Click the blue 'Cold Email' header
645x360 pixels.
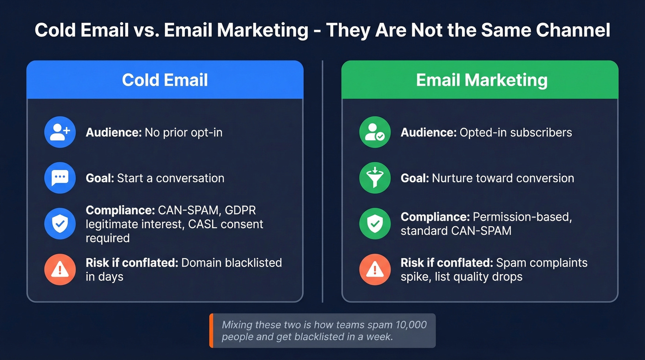(x=165, y=80)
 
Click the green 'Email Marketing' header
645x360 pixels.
(x=481, y=80)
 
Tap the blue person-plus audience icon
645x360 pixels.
(x=60, y=132)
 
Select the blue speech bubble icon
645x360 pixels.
(x=60, y=178)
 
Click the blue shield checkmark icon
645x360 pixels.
(x=60, y=224)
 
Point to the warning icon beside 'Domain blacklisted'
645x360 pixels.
(x=60, y=270)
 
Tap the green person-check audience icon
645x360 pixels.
(x=375, y=132)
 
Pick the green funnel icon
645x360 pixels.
(x=375, y=178)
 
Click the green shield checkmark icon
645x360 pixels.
(x=375, y=224)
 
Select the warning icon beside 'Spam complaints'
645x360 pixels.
(x=375, y=270)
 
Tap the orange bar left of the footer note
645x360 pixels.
(x=211, y=330)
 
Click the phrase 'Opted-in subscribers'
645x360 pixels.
(x=516, y=133)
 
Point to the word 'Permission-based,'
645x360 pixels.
(x=522, y=217)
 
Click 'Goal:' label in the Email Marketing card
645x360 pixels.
(x=415, y=178)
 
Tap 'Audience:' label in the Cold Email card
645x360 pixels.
(x=113, y=133)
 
